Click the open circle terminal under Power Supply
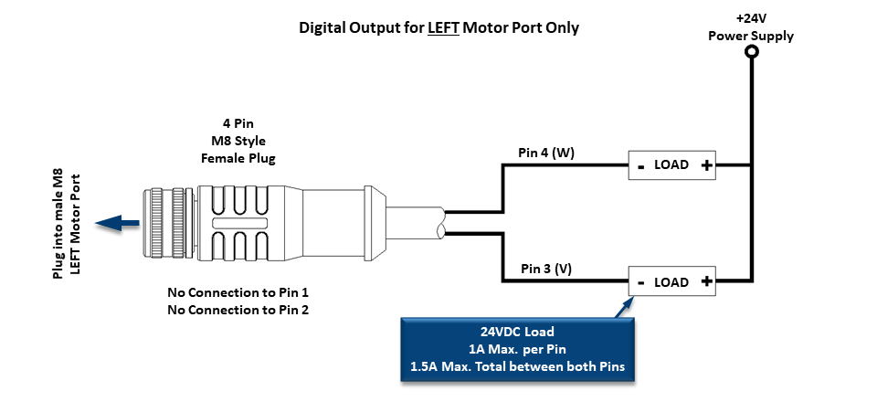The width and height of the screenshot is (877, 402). click(751, 53)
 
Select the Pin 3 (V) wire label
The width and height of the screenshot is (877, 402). click(546, 270)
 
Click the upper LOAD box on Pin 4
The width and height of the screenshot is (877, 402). click(671, 165)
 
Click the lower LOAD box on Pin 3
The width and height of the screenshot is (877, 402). click(671, 282)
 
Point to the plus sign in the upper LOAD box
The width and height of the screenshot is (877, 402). click(706, 165)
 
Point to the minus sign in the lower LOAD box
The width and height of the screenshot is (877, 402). click(640, 282)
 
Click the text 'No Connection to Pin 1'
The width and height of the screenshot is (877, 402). click(238, 293)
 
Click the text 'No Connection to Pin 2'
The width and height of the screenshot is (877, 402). click(238, 311)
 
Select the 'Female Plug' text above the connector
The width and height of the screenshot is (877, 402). click(238, 158)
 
